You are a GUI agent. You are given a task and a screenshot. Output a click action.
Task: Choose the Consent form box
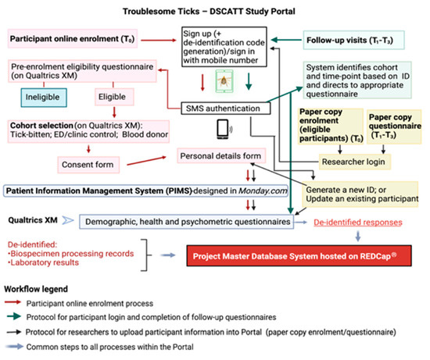(85, 164)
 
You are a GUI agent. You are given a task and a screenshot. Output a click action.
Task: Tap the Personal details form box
(217, 156)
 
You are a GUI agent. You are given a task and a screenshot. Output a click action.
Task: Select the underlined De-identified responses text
(359, 223)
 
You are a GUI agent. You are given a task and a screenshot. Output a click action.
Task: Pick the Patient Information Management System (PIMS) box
(134, 190)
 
